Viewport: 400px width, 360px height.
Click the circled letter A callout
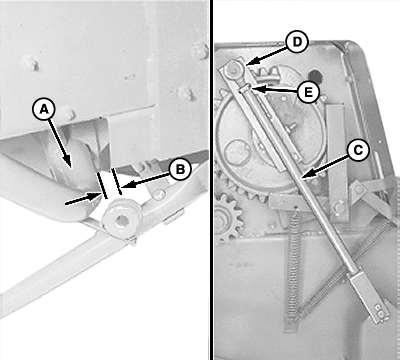click(44, 109)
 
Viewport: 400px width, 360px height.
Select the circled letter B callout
click(180, 169)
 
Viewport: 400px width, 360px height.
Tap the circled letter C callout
click(358, 151)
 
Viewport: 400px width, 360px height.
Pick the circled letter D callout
click(296, 42)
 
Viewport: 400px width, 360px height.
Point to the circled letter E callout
click(309, 91)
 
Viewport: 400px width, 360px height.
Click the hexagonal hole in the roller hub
click(121, 222)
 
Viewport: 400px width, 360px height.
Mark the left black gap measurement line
click(102, 185)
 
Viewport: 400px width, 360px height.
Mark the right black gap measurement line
click(116, 181)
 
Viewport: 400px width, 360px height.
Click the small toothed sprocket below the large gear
click(227, 219)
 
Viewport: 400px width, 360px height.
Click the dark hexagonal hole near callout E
click(316, 76)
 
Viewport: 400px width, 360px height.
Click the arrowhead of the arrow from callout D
click(249, 62)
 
